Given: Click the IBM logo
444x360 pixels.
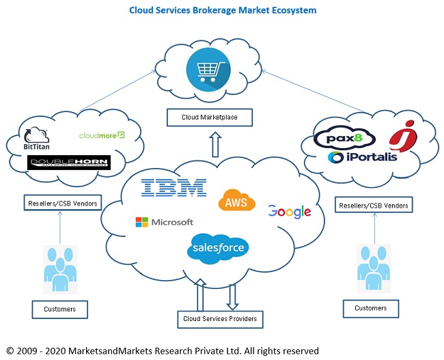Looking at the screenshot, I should point(174,189).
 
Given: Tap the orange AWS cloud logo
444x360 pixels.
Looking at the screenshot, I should point(236,202).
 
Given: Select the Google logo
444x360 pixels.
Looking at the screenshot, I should point(289,212).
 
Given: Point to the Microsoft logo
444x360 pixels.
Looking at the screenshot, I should point(164,222).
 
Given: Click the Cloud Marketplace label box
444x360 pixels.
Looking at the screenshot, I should point(208,118).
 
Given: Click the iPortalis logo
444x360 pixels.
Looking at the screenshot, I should point(362,158).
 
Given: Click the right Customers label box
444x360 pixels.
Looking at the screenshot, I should point(370,309).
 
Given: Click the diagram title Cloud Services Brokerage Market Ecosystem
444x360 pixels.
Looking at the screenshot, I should point(223,11).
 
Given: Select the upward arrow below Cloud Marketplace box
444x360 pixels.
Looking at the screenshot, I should point(215,145).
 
